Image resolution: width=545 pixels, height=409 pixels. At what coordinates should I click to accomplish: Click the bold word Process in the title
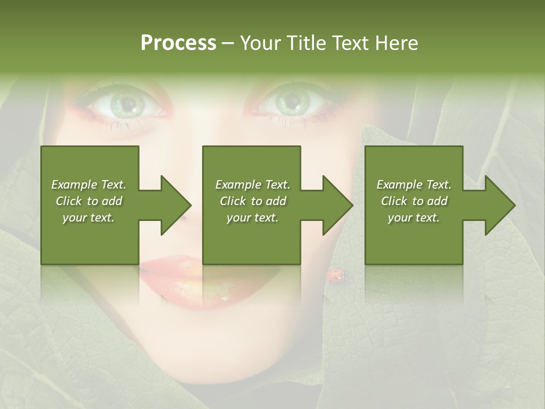pyautogui.click(x=178, y=43)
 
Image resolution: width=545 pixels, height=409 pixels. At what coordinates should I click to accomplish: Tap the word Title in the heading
pyautogui.click(x=305, y=43)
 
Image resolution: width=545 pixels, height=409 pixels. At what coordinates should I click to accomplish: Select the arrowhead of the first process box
pyautogui.click(x=173, y=205)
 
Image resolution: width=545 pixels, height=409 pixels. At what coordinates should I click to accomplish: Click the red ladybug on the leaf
pyautogui.click(x=335, y=275)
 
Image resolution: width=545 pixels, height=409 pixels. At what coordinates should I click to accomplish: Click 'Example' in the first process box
pyautogui.click(x=74, y=185)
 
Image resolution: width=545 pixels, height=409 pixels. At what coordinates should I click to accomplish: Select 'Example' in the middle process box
pyautogui.click(x=238, y=185)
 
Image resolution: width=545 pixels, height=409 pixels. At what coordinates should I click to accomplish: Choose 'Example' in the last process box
pyautogui.click(x=399, y=185)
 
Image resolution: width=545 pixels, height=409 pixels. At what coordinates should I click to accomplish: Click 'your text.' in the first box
pyautogui.click(x=89, y=218)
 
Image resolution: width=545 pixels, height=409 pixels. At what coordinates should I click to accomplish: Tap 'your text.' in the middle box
pyautogui.click(x=253, y=218)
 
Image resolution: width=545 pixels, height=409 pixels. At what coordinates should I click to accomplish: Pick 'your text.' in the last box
pyautogui.click(x=414, y=218)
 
